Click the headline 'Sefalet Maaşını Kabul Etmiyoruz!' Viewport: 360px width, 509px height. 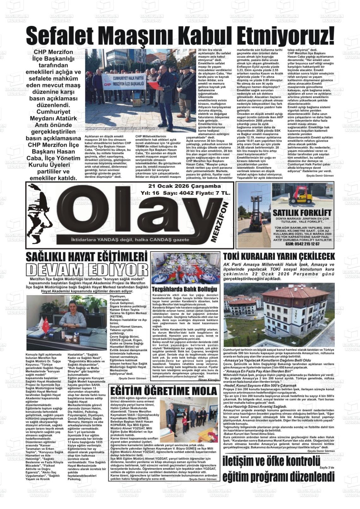pos(180,36)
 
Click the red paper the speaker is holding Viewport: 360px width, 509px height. pos(154,85)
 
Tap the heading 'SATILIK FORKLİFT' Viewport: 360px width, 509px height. pos(302,213)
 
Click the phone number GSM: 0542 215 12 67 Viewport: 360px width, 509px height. pos(302,244)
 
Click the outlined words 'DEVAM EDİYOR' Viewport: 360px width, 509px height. pos(87,270)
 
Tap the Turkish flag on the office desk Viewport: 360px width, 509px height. pos(46,326)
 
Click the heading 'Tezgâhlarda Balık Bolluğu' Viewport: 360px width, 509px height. pos(185,289)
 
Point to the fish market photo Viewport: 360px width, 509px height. pos(185,268)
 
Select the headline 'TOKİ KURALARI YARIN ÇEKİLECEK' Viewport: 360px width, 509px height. pos(279,256)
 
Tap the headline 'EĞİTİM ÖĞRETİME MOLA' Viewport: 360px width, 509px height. pos(164,391)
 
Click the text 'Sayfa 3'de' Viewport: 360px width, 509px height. pos(327,467)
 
